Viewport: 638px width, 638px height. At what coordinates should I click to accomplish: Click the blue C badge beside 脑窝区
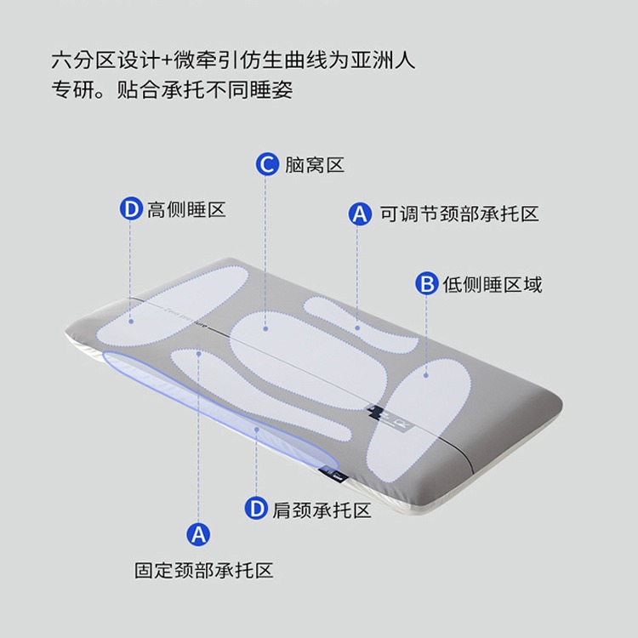pyautogui.click(x=268, y=164)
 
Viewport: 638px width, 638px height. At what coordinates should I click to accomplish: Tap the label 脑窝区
pyautogui.click(x=315, y=165)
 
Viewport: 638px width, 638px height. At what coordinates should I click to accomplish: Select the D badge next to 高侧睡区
pyautogui.click(x=130, y=209)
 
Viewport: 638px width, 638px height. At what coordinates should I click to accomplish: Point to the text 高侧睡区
pyautogui.click(x=186, y=209)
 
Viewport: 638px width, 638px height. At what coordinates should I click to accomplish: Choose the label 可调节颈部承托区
pyautogui.click(x=459, y=214)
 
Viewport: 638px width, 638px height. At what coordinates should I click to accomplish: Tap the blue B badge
pyautogui.click(x=426, y=284)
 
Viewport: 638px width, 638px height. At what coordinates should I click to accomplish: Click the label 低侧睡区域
pyautogui.click(x=492, y=284)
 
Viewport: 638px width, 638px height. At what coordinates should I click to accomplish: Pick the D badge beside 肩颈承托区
pyautogui.click(x=256, y=510)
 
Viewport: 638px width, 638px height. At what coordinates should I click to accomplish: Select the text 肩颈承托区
pyautogui.click(x=322, y=510)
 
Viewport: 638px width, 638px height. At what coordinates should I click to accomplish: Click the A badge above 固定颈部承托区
pyautogui.click(x=198, y=534)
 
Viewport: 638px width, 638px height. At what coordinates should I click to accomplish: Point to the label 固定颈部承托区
pyautogui.click(x=204, y=570)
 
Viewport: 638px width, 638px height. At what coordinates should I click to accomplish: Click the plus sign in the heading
pyautogui.click(x=166, y=61)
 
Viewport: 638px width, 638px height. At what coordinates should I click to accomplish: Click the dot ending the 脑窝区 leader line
pyautogui.click(x=265, y=327)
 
